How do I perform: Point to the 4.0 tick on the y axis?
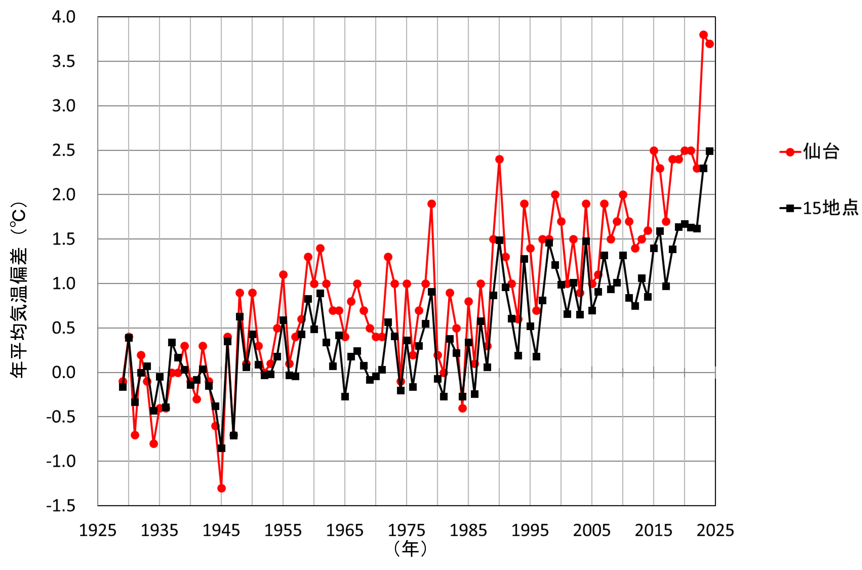coord(64,17)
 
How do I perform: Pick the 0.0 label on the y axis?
coord(64,373)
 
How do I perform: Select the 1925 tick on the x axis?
coord(97,530)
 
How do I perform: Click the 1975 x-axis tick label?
coord(406,530)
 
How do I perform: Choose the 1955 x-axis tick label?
coord(283,530)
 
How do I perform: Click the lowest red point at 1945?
coord(221,488)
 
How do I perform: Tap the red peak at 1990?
coord(499,159)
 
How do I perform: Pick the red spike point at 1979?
coord(431,204)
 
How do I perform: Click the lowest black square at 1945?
coord(221,448)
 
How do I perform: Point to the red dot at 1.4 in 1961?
coord(320,248)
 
